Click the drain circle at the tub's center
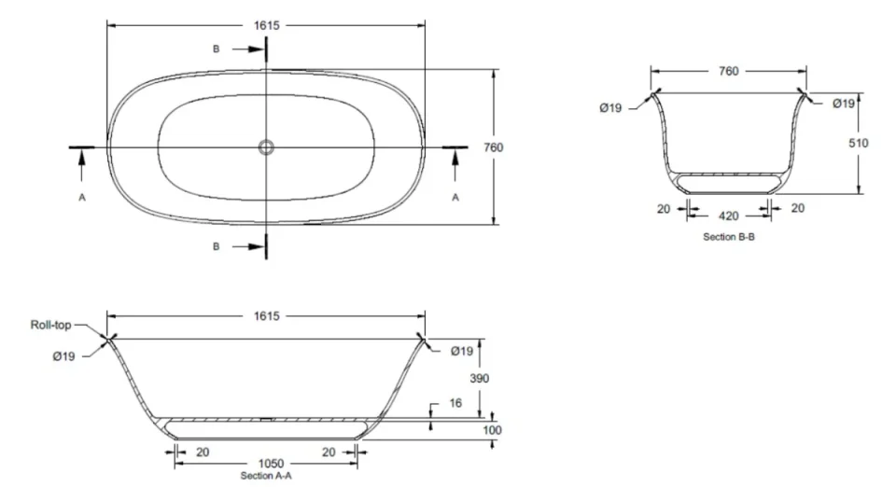tap(267, 146)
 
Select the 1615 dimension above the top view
tap(267, 26)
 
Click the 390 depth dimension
tap(480, 378)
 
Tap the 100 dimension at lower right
tap(492, 430)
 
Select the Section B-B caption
tap(728, 238)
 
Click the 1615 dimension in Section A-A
tap(267, 316)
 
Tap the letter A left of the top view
tap(82, 198)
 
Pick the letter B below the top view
tap(217, 246)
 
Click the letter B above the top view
tap(217, 49)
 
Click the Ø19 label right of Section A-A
tap(463, 351)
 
